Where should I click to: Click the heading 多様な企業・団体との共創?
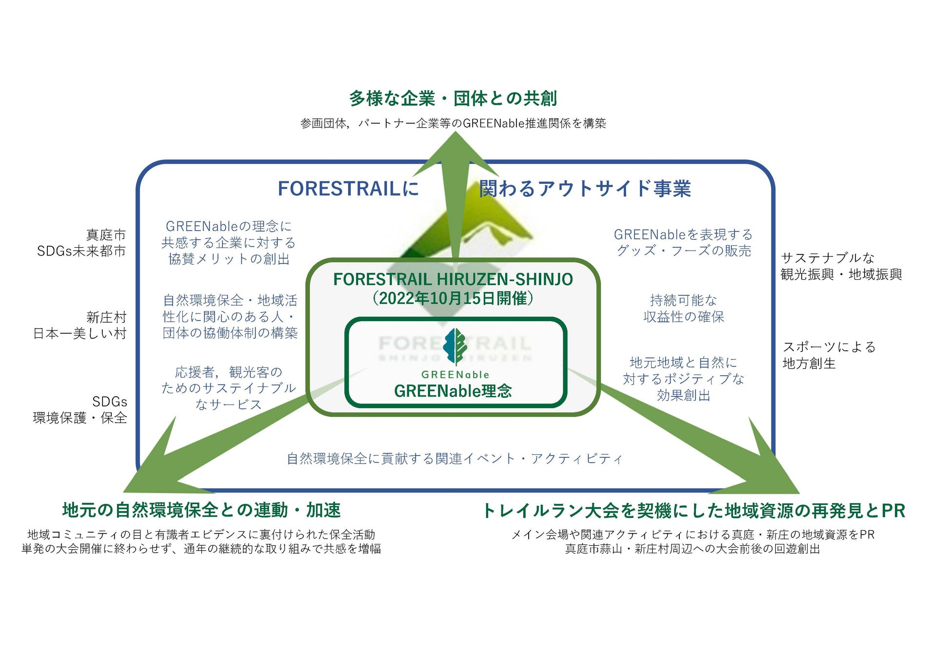(x=453, y=98)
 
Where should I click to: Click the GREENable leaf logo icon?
(x=455, y=347)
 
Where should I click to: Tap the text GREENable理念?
(x=453, y=391)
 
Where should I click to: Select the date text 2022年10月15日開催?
(x=453, y=298)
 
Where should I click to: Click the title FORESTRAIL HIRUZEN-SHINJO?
(x=453, y=279)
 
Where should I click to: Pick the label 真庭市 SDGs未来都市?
(x=81, y=243)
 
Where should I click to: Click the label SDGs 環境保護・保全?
(x=80, y=409)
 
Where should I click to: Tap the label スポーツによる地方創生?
(x=829, y=355)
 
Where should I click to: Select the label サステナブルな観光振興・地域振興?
(x=841, y=266)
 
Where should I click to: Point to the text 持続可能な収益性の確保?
(x=683, y=309)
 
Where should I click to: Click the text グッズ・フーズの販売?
(x=683, y=251)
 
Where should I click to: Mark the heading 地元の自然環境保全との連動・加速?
(x=201, y=510)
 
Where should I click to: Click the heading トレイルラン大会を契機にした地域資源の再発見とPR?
(x=693, y=511)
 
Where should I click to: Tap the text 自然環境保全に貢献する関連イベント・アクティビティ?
(x=454, y=459)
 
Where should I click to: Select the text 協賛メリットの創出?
(x=229, y=259)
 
